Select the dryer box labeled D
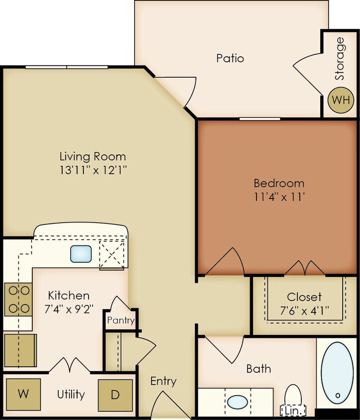pyautogui.click(x=115, y=395)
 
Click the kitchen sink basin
pyautogui.click(x=80, y=254)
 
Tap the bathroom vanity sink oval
pyautogui.click(x=238, y=402)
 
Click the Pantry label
pyautogui.click(x=121, y=320)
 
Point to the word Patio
pyautogui.click(x=230, y=58)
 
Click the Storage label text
pyautogui.click(x=340, y=59)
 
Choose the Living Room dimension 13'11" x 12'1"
pyautogui.click(x=93, y=170)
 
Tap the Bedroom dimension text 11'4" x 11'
pyautogui.click(x=279, y=196)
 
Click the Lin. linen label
pyautogui.click(x=292, y=412)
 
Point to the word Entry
pyautogui.click(x=163, y=381)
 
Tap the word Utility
pyautogui.click(x=71, y=395)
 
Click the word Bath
pyautogui.click(x=259, y=369)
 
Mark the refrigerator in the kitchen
pyautogui.click(x=20, y=350)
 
